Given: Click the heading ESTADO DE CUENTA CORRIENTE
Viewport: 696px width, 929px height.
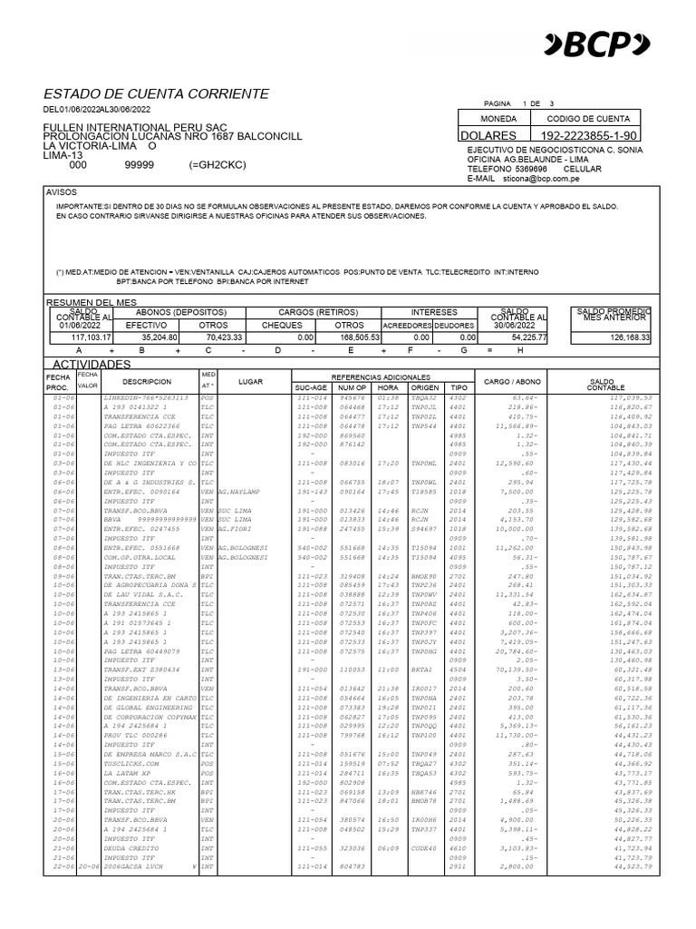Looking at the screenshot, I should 156,93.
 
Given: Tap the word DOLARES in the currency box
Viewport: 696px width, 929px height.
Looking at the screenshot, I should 492,135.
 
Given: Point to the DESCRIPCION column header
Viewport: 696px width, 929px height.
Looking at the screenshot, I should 147,381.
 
